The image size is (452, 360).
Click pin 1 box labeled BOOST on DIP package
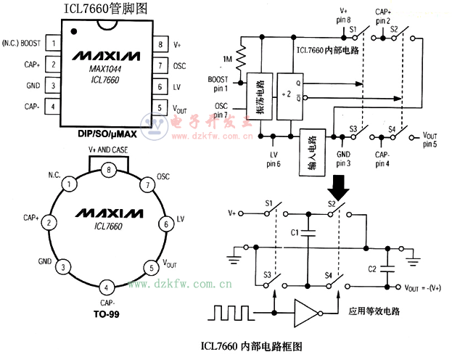[x=53, y=44]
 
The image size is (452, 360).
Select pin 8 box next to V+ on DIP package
[x=160, y=44]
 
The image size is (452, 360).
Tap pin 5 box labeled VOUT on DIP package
[x=160, y=107]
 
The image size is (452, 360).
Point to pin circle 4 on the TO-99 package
[x=108, y=286]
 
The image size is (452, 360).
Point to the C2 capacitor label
[x=372, y=269]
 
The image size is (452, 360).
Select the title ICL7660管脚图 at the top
[x=106, y=9]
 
